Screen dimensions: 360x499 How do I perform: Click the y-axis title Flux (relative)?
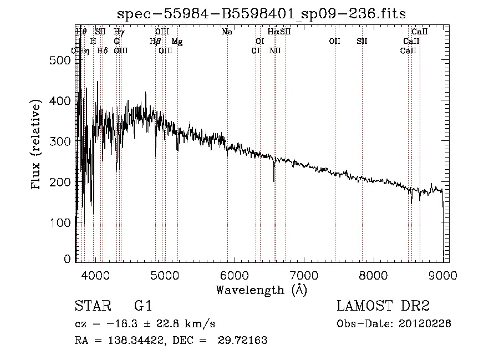(37, 145)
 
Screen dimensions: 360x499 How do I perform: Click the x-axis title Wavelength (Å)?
(261, 290)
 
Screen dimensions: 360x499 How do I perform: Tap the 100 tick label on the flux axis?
(59, 222)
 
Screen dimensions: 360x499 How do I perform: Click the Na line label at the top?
(227, 32)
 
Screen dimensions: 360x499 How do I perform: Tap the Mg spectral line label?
(177, 42)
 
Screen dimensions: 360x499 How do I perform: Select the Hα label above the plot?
(273, 32)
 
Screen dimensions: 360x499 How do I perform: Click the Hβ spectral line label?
(155, 42)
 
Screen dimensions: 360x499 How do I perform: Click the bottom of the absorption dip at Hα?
(274, 181)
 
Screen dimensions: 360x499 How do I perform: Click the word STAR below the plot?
(90, 307)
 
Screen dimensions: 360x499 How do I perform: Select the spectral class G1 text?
(143, 307)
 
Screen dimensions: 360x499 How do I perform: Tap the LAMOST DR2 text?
(383, 307)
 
